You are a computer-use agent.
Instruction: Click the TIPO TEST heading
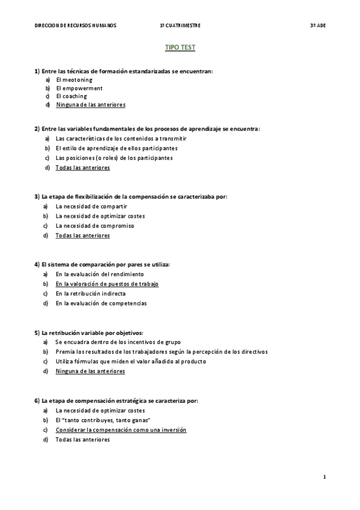click(x=180, y=47)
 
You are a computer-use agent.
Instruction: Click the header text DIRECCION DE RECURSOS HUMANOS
click(x=76, y=26)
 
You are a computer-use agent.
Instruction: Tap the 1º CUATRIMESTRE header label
click(x=180, y=26)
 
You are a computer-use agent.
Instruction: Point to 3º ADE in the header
click(x=317, y=26)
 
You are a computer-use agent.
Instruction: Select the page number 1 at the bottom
click(x=324, y=477)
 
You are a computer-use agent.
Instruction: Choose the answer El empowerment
click(x=79, y=88)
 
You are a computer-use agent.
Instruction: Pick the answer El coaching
click(x=72, y=96)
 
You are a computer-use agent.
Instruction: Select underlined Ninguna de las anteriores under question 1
click(x=90, y=105)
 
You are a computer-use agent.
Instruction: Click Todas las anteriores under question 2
click(x=82, y=168)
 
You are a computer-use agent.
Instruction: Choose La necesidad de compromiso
click(x=94, y=226)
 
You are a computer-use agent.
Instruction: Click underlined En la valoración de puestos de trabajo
click(x=107, y=284)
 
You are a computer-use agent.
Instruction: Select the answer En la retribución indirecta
click(x=91, y=293)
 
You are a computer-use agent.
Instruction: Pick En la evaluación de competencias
click(x=101, y=303)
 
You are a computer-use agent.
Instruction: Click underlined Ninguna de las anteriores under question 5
click(x=90, y=371)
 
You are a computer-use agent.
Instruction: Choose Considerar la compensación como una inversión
click(x=121, y=430)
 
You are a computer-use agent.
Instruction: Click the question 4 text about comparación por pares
click(x=102, y=264)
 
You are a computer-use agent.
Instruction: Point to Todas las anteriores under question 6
click(x=82, y=440)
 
